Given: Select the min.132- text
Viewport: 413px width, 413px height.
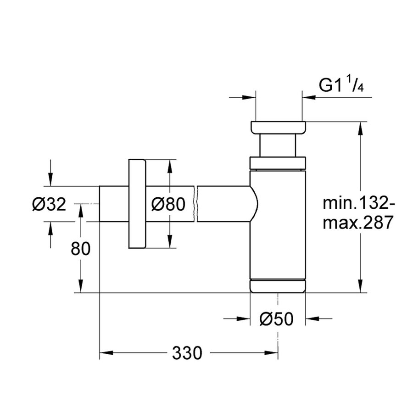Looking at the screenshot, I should [357, 203].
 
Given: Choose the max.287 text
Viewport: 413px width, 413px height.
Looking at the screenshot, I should [357, 223].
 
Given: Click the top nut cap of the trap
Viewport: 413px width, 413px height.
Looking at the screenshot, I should [278, 128].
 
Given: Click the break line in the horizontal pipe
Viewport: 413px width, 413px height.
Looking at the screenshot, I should [196, 204].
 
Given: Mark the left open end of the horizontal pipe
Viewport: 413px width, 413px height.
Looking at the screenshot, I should [100, 204].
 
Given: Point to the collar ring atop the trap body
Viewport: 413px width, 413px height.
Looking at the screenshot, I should [277, 163].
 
